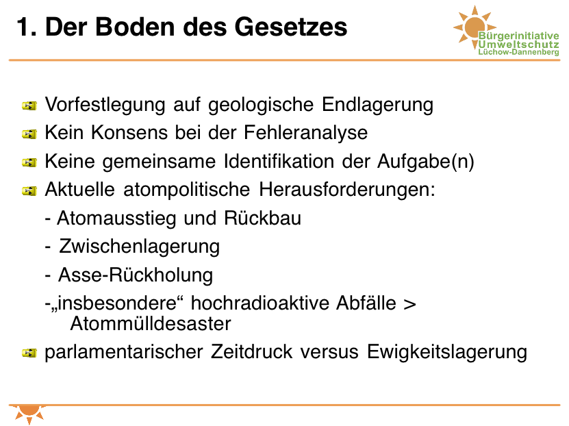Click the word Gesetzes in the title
click(291, 27)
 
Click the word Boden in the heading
click(136, 27)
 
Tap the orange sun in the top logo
click(475, 27)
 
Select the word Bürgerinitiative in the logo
click(518, 36)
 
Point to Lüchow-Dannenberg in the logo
click(518, 52)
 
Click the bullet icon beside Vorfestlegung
click(29, 105)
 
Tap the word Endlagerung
click(377, 105)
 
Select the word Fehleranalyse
click(305, 132)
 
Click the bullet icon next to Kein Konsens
click(29, 134)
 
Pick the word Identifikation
click(279, 161)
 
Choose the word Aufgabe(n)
click(426, 162)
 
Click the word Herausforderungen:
click(347, 190)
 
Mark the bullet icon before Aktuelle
click(29, 190)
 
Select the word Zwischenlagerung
click(140, 247)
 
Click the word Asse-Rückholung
click(136, 275)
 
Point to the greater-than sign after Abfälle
click(409, 304)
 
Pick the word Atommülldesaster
click(151, 324)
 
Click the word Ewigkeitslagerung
click(447, 352)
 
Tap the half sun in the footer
click(29, 413)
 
